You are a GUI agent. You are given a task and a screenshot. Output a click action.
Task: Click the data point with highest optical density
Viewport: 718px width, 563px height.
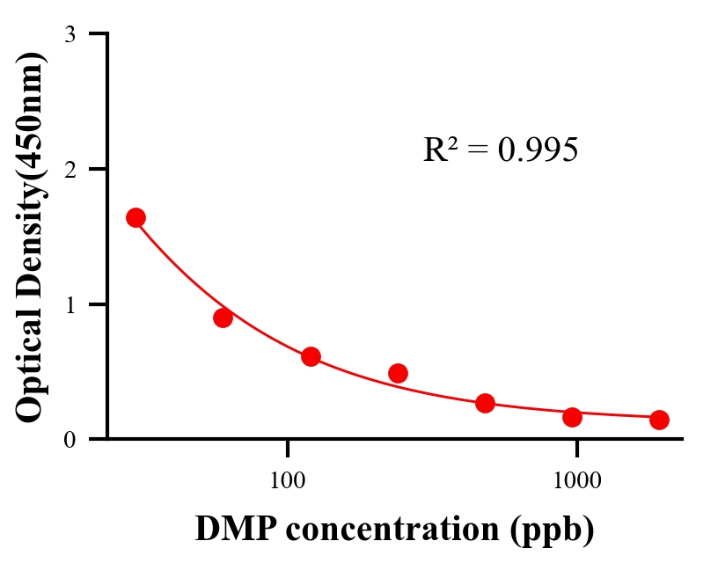coord(136,218)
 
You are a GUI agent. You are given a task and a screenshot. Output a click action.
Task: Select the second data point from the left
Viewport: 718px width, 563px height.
coord(223,318)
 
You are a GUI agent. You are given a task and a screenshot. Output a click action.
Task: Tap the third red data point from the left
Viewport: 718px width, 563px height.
coord(311,356)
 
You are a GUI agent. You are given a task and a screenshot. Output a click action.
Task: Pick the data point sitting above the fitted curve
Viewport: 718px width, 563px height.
coord(398,373)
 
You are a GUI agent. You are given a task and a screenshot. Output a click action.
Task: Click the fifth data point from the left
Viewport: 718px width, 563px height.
coord(485,403)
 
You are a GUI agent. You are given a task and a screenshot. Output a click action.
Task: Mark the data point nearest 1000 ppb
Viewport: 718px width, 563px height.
coord(572,417)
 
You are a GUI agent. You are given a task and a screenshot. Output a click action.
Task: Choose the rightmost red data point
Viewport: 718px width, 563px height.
coord(659,420)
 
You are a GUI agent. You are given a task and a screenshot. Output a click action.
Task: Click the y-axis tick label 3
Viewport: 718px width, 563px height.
coord(70,34)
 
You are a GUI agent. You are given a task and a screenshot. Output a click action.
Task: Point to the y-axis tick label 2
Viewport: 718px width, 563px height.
coord(70,169)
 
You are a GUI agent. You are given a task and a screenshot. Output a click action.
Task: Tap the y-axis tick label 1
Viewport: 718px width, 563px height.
coord(70,304)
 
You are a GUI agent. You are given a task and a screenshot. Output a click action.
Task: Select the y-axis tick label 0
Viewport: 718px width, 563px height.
coord(70,439)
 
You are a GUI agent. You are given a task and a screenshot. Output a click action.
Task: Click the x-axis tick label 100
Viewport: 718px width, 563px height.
coord(288,480)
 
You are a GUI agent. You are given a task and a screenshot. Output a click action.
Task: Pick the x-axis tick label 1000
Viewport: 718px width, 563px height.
coord(576,480)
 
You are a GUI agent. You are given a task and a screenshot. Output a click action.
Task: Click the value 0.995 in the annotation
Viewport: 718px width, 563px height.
coord(538,150)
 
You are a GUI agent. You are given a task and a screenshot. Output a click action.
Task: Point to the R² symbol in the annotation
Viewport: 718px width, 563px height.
coord(439,150)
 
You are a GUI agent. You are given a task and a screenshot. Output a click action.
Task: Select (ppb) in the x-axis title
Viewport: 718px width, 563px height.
coord(560,530)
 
